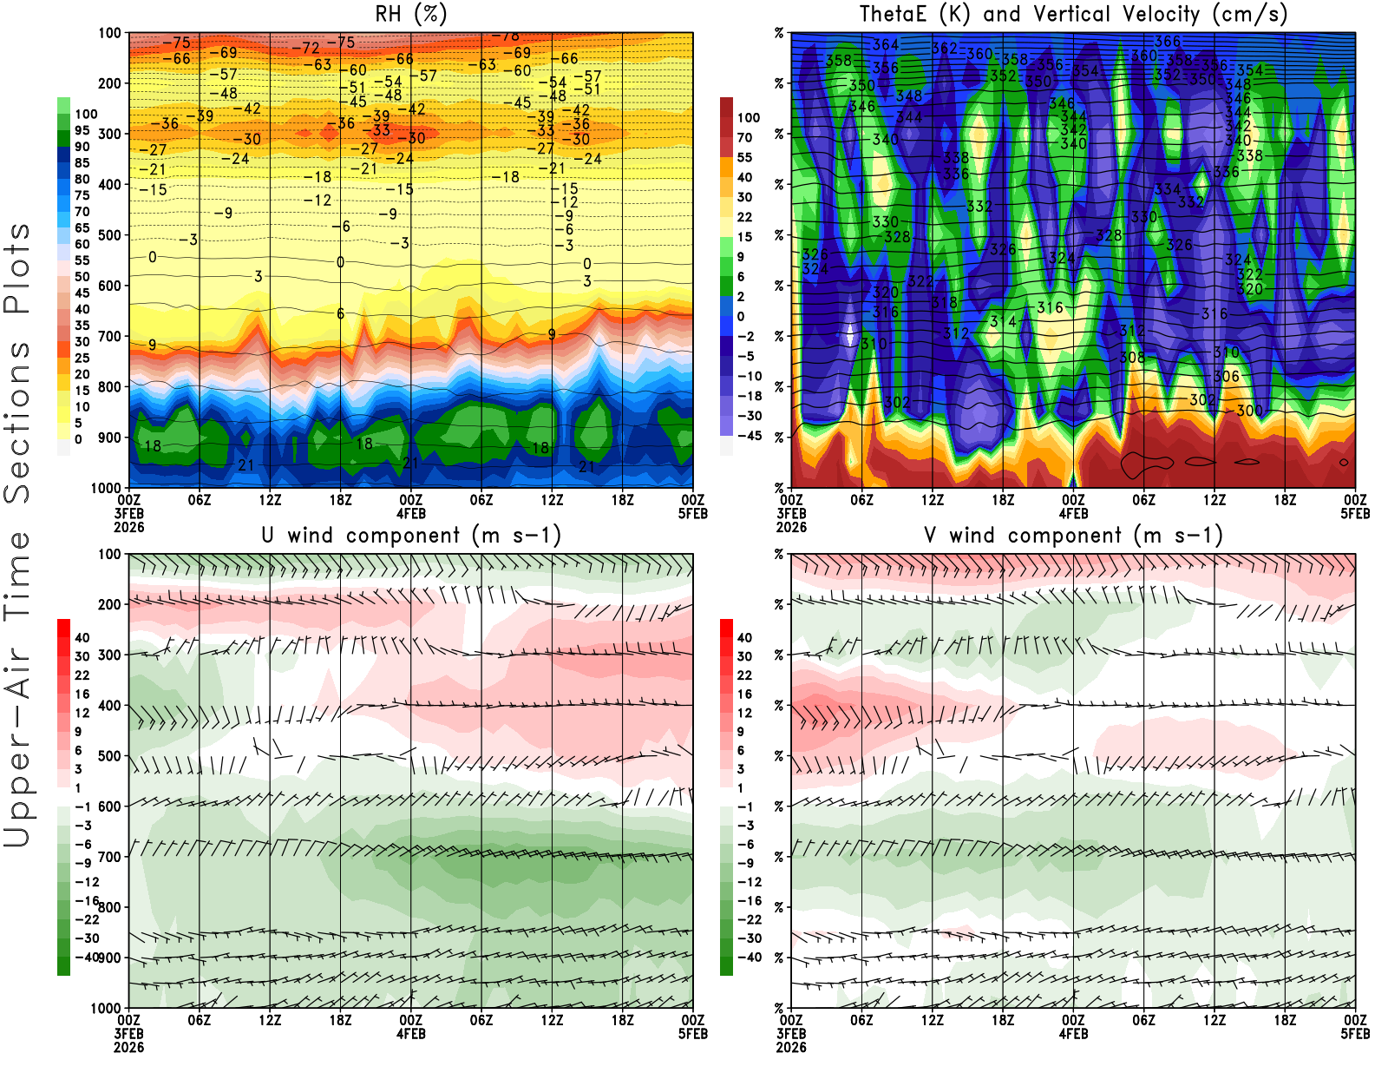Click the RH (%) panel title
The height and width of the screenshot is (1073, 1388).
click(410, 14)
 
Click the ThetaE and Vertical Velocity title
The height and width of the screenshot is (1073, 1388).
click(1073, 14)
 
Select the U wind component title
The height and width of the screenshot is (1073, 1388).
click(410, 535)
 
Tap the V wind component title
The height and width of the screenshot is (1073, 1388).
click(1073, 535)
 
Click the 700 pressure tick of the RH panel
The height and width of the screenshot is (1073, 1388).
click(110, 336)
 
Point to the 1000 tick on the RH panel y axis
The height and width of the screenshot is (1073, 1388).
click(107, 488)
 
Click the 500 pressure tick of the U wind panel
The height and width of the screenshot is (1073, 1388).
click(110, 756)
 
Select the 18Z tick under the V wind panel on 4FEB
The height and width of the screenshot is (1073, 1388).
click(1285, 1021)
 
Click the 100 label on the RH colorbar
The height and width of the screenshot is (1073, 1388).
click(86, 114)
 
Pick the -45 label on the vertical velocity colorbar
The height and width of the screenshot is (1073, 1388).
click(749, 436)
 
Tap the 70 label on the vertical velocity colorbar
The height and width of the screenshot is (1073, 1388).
click(744, 137)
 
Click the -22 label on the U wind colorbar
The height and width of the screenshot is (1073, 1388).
click(86, 919)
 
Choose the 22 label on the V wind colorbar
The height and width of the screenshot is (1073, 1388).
click(744, 675)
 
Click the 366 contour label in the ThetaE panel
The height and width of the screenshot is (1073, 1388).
click(1168, 41)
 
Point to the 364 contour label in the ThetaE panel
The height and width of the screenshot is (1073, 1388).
click(886, 44)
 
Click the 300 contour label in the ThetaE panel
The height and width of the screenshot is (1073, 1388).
click(1249, 411)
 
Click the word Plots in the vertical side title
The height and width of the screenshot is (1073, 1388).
click(17, 267)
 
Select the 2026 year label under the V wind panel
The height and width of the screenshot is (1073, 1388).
click(791, 1047)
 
